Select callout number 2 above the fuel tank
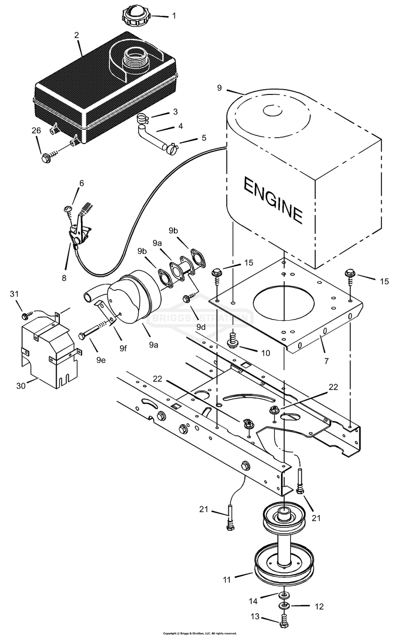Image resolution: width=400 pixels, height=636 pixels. tap(77, 35)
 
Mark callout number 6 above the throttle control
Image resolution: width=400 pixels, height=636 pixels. tap(81, 183)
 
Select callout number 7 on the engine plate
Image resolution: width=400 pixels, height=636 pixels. tap(326, 361)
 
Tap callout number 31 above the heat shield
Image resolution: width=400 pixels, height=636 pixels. tap(14, 294)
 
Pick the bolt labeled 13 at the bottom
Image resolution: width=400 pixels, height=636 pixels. tap(285, 621)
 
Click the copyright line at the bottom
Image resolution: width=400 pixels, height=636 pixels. tap(200, 633)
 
